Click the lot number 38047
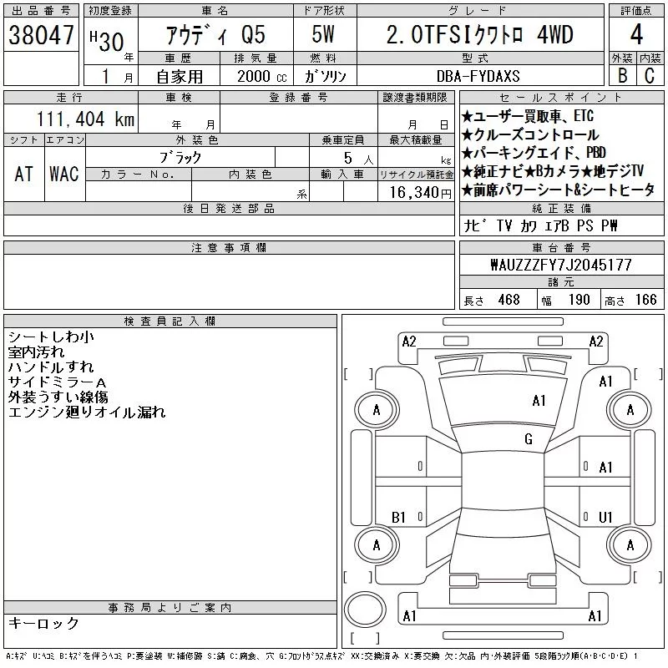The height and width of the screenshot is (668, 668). (41, 35)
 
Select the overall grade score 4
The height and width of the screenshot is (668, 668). (636, 34)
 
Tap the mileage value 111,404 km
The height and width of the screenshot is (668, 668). (85, 119)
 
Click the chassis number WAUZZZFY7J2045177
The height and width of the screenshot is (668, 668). (561, 265)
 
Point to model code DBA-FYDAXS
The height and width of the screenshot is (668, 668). (478, 76)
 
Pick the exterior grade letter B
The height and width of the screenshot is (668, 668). (622, 76)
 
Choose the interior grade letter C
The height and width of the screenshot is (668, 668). (650, 76)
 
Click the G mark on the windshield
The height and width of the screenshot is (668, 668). (529, 439)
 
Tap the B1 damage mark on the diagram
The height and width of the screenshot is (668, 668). (398, 517)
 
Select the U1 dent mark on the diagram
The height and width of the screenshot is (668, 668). (605, 517)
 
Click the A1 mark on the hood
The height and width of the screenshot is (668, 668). (539, 401)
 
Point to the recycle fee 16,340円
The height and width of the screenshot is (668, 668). (420, 193)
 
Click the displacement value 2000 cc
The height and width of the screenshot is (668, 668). (261, 76)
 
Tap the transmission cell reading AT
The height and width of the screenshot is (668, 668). (24, 174)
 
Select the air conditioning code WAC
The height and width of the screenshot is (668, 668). (64, 174)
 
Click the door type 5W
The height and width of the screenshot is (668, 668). (323, 34)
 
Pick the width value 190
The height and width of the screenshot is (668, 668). (579, 300)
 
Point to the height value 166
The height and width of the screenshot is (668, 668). (645, 300)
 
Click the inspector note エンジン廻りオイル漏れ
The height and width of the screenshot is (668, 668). (87, 412)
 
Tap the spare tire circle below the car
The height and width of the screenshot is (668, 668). (365, 608)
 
